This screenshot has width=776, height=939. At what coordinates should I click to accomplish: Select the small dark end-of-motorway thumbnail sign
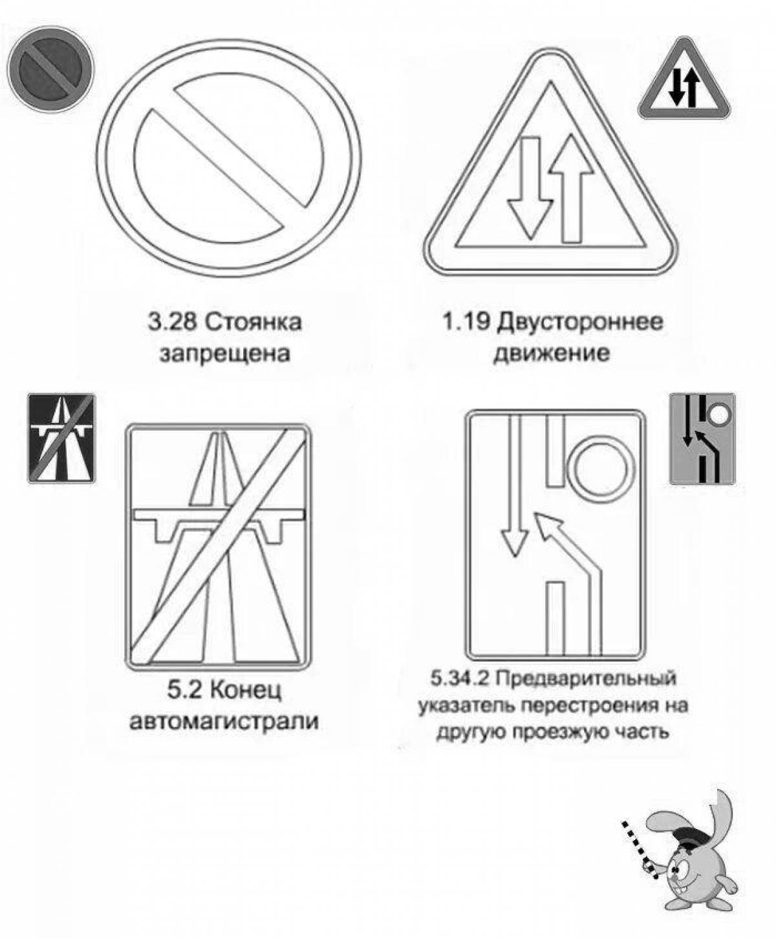click(x=61, y=438)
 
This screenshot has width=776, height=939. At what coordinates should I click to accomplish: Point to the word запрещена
click(x=224, y=354)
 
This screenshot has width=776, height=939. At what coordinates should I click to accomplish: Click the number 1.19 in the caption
click(x=465, y=321)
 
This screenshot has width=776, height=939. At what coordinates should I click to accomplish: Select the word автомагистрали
click(x=224, y=721)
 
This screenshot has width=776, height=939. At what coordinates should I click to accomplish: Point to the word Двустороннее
click(x=580, y=321)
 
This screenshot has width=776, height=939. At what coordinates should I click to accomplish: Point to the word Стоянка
click(x=254, y=323)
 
